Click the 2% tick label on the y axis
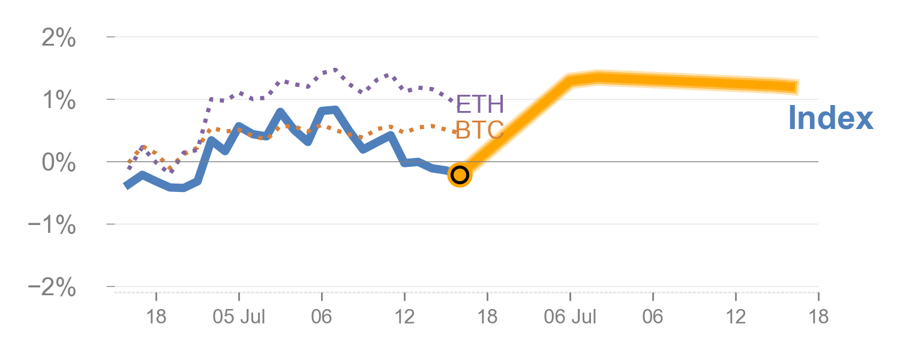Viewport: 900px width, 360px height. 59,40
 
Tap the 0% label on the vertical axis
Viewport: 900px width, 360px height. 59,163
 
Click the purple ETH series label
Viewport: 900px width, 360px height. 479,104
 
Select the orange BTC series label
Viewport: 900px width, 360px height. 479,130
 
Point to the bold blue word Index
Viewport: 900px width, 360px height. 830,118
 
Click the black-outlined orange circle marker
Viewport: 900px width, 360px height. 460,175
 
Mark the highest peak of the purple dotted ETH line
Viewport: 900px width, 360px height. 335,70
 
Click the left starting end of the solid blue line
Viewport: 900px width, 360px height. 127,186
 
